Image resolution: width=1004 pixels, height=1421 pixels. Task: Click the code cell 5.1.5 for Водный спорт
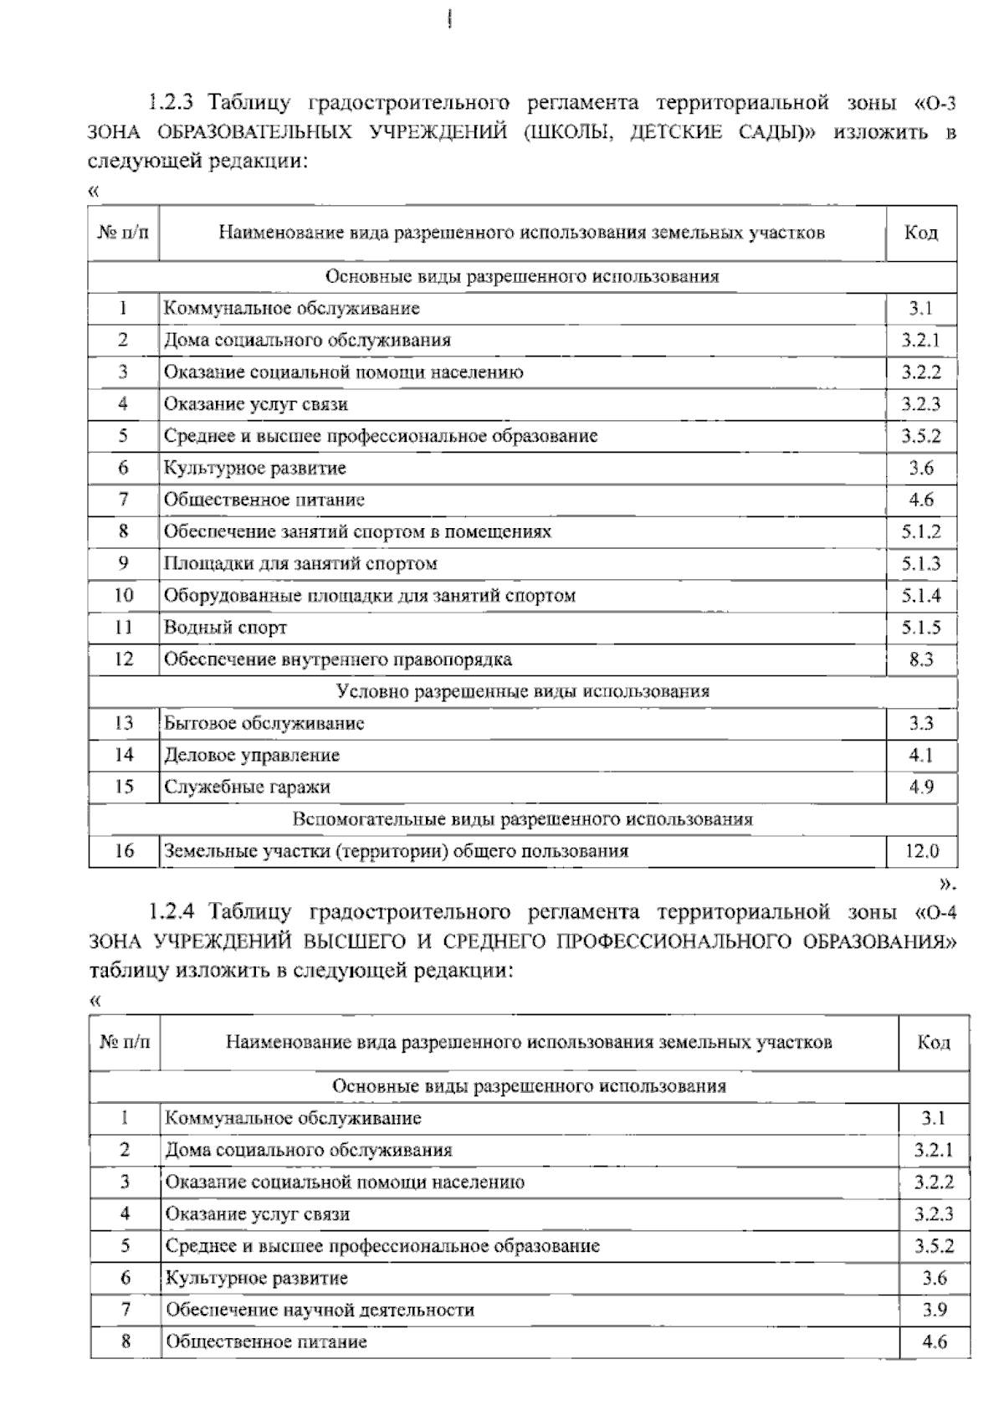(x=920, y=628)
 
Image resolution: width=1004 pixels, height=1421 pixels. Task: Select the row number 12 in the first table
(x=124, y=659)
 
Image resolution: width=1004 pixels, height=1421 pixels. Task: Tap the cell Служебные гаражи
(x=247, y=787)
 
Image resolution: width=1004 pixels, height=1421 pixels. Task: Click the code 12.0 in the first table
(x=921, y=852)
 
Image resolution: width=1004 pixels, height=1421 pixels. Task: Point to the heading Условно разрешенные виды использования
(x=522, y=691)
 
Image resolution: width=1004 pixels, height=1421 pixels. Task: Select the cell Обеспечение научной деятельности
(x=320, y=1311)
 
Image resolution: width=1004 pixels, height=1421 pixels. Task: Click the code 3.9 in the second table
(x=934, y=1311)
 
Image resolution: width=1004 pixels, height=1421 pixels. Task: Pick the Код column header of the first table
(x=920, y=233)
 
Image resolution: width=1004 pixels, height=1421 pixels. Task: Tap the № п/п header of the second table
(x=125, y=1043)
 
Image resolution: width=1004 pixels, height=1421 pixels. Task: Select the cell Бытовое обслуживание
(x=264, y=724)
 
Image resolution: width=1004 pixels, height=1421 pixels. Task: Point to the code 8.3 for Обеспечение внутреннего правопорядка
(x=920, y=659)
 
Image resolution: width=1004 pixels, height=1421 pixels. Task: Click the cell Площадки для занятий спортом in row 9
(x=300, y=564)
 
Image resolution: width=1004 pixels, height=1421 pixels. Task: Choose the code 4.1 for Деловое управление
(x=920, y=756)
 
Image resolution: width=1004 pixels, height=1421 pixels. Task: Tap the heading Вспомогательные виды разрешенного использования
(x=522, y=819)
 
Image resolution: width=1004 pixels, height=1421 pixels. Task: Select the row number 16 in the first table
(x=124, y=852)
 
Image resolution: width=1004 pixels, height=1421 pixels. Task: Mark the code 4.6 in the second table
(x=934, y=1342)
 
